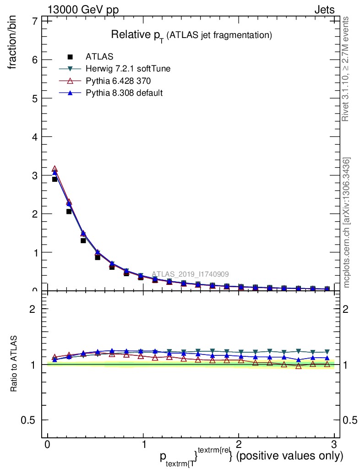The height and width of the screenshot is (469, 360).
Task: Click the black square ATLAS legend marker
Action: click(x=70, y=57)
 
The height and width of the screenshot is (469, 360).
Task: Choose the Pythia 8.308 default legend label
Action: click(x=124, y=93)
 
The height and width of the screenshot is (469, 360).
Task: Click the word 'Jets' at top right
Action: click(x=324, y=10)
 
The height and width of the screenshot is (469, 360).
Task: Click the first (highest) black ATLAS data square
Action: click(x=55, y=179)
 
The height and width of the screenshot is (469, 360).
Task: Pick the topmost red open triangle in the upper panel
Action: click(x=55, y=169)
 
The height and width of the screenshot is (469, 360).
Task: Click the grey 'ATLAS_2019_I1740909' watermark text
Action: click(x=190, y=274)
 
